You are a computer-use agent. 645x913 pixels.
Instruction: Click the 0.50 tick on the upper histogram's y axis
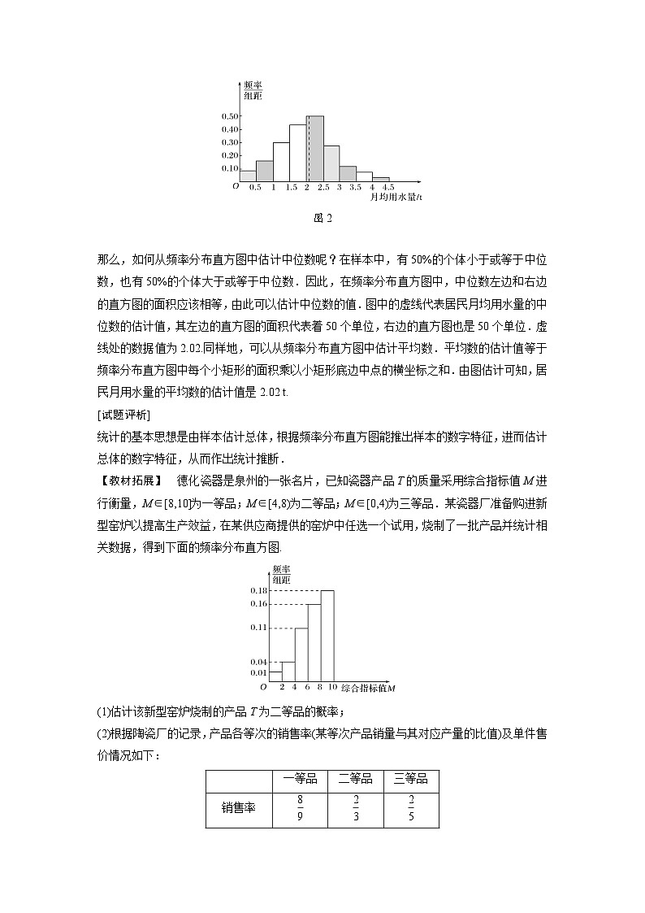coord(228,116)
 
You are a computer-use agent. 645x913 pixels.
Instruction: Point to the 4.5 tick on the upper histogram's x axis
coord(388,187)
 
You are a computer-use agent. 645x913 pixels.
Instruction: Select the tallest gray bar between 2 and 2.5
coord(315,148)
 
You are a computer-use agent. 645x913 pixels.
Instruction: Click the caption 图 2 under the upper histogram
coord(322,217)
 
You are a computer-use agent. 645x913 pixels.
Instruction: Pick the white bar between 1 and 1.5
coord(281,161)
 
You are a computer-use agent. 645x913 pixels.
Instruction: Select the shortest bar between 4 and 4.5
coord(380,179)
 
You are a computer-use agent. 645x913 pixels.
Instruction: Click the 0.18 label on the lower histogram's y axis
coord(259,589)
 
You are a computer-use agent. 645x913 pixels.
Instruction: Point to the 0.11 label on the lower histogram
coord(259,628)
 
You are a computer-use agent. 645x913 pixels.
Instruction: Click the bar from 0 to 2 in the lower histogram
coord(275,676)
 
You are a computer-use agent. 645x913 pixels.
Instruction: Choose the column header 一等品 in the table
coord(298,779)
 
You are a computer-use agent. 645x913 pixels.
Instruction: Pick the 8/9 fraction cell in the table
coord(299,808)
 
